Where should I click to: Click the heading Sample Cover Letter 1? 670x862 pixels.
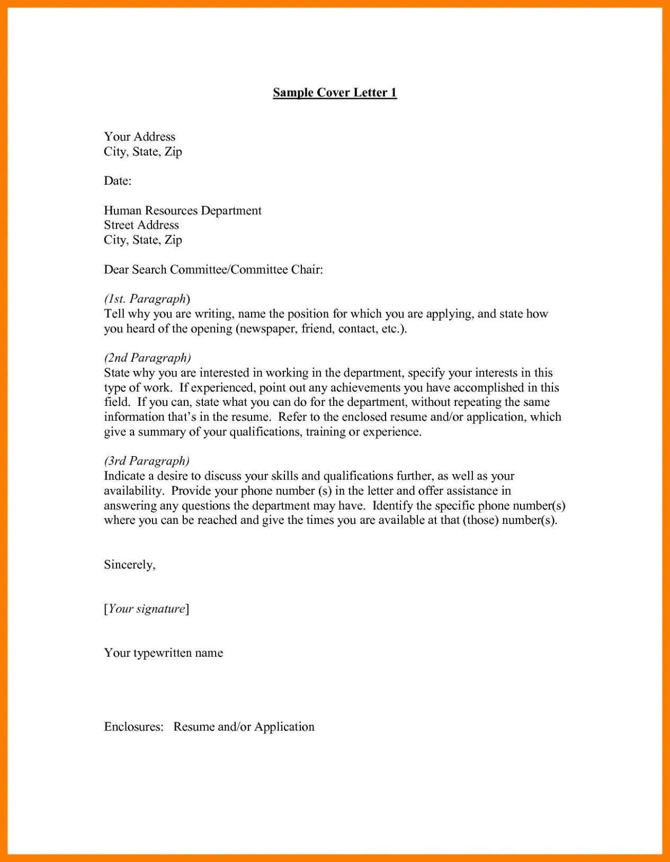[x=335, y=93]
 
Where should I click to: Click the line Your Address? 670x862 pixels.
[x=139, y=137]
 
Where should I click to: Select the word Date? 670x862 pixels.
[x=118, y=181]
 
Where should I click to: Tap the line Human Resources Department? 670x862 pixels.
[x=183, y=211]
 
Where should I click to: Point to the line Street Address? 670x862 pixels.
[x=141, y=225]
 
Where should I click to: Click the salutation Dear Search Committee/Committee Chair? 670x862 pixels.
[x=213, y=270]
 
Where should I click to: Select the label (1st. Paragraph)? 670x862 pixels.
[x=147, y=299]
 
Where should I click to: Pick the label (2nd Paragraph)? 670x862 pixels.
[x=147, y=358]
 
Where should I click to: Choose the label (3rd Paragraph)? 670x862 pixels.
[x=147, y=461]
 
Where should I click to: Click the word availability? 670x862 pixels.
[x=133, y=491]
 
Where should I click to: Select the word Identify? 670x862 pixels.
[x=392, y=505]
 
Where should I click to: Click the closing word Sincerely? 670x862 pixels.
[x=130, y=565]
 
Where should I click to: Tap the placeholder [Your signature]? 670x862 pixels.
[x=147, y=609]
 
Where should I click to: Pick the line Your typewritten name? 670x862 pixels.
[x=163, y=653]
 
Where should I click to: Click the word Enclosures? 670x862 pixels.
[x=133, y=727]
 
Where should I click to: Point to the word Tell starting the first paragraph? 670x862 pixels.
[x=114, y=314]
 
